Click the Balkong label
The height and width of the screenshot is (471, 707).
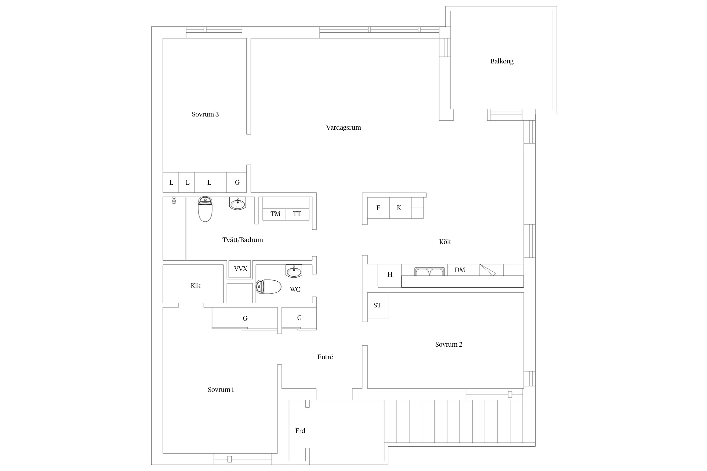(x=502, y=61)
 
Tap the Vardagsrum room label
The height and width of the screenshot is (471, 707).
(x=343, y=127)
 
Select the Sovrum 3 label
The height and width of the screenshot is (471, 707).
(x=205, y=114)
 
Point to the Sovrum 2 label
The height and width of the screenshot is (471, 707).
(x=449, y=344)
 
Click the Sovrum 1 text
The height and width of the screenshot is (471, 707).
(x=221, y=390)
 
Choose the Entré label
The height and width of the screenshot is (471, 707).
(x=325, y=357)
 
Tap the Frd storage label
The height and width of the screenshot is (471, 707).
(x=300, y=431)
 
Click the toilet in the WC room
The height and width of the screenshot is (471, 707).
(x=268, y=287)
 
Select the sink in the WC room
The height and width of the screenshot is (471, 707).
(x=294, y=271)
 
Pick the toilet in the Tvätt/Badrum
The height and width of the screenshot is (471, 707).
(x=206, y=209)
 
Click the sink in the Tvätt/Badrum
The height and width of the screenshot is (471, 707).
(x=238, y=203)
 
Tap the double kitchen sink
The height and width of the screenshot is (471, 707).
(x=430, y=272)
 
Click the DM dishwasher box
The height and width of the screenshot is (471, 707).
(x=460, y=270)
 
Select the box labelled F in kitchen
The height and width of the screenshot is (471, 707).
(x=378, y=208)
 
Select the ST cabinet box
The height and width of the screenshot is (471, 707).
(x=377, y=305)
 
